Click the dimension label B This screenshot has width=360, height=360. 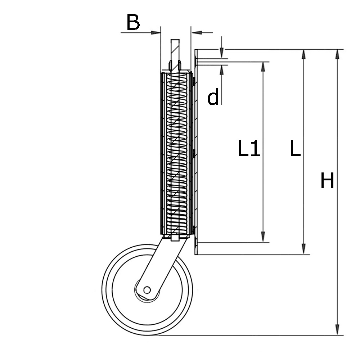[133, 22]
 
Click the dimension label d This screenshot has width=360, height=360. [213, 97]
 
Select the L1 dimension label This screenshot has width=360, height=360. [249, 149]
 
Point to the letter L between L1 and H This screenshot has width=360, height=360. [295, 148]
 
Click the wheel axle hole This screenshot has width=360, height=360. [147, 290]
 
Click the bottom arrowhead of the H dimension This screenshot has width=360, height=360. [337, 329]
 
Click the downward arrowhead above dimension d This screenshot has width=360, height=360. [221, 53]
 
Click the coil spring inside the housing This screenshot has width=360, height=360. [176, 154]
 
